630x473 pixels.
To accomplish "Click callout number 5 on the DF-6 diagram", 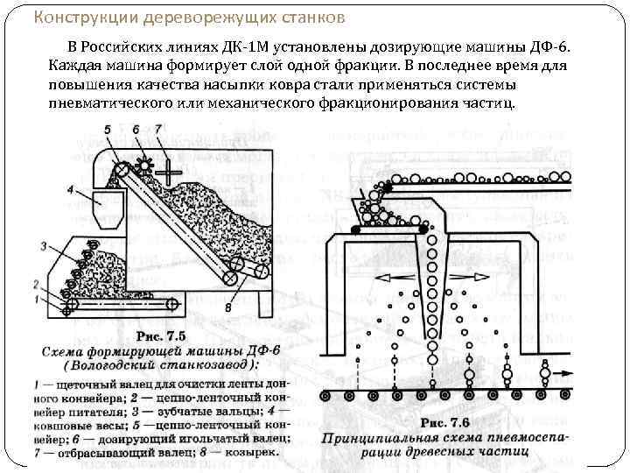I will click(x=107, y=130).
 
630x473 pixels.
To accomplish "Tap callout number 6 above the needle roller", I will click(x=136, y=130).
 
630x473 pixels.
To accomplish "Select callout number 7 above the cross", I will click(x=157, y=130).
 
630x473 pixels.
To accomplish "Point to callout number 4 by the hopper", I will click(x=69, y=189).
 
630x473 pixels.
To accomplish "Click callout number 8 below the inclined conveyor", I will click(x=227, y=307).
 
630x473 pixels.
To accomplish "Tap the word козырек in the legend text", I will click(x=248, y=452).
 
